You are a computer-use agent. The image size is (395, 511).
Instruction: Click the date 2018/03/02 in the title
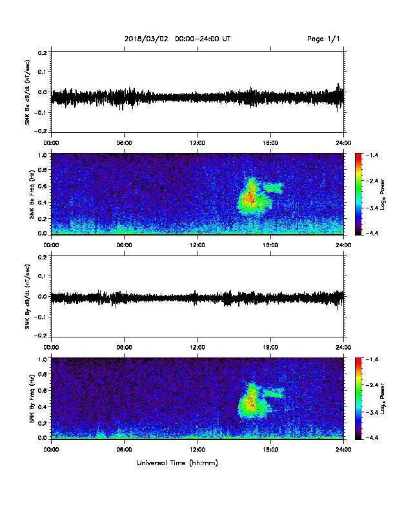pyautogui.click(x=146, y=39)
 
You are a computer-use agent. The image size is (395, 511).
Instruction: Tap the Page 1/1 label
pyautogui.click(x=323, y=39)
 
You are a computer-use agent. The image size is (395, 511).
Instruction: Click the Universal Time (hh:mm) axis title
pyautogui.click(x=177, y=463)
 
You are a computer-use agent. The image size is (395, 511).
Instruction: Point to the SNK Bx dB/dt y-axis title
pyautogui.click(x=27, y=92)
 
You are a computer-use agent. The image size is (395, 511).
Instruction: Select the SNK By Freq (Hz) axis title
pyautogui.click(x=32, y=399)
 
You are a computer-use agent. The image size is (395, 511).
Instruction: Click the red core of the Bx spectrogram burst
pyautogui.click(x=250, y=197)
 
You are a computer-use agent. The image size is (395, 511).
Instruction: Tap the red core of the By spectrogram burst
pyautogui.click(x=250, y=401)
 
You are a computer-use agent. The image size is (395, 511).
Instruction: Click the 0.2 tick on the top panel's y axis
pyautogui.click(x=43, y=52)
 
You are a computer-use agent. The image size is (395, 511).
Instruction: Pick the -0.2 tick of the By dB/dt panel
pyautogui.click(x=41, y=336)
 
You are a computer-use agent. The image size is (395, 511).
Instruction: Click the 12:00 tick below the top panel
pyautogui.click(x=197, y=143)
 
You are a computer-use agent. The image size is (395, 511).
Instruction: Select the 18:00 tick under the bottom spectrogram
pyautogui.click(x=270, y=450)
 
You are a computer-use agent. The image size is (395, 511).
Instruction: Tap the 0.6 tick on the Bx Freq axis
pyautogui.click(x=43, y=186)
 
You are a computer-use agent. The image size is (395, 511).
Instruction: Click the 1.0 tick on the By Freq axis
pyautogui.click(x=43, y=359)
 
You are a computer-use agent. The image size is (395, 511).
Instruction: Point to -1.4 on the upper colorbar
pyautogui.click(x=372, y=155)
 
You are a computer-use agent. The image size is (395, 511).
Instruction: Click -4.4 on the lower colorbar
pyautogui.click(x=372, y=437)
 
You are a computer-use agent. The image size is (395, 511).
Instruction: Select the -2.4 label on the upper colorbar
pyautogui.click(x=372, y=181)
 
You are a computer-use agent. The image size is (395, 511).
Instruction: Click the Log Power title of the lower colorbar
pyautogui.click(x=383, y=399)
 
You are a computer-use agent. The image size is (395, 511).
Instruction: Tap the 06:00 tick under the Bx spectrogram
pyautogui.click(x=124, y=245)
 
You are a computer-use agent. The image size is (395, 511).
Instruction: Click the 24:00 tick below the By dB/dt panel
pyautogui.click(x=344, y=347)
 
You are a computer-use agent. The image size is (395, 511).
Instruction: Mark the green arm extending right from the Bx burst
pyautogui.click(x=273, y=188)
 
